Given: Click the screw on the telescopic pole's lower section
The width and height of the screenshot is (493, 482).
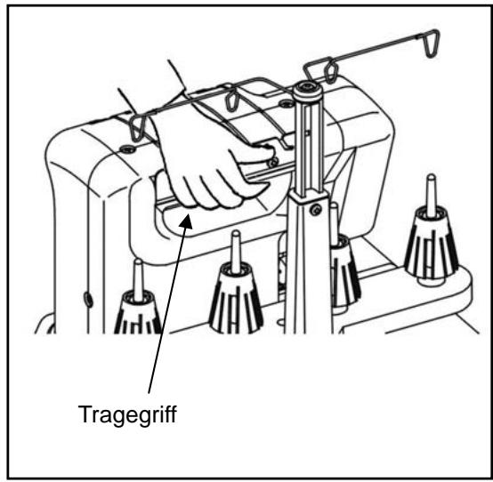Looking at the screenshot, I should point(315,211).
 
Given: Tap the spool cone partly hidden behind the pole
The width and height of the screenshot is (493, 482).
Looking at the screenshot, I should point(342,271).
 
